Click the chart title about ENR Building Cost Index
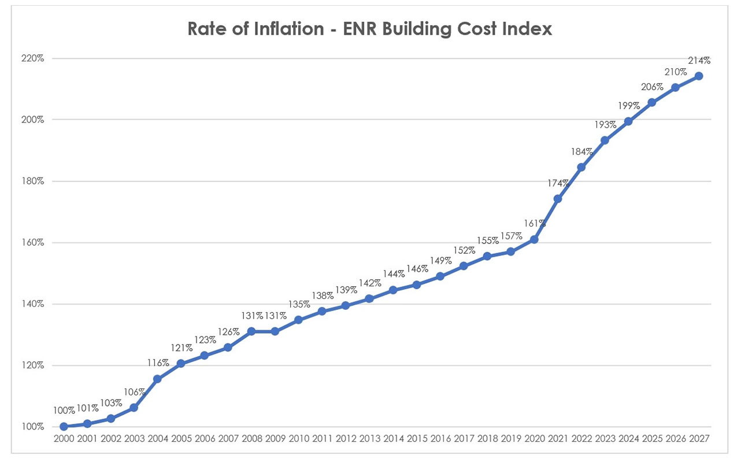tap(370, 29)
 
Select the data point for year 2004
tap(157, 379)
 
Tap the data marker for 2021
tap(558, 199)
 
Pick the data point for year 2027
tap(699, 76)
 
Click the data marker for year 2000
tap(64, 427)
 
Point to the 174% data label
tap(558, 183)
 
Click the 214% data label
tap(699, 60)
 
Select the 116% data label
tap(157, 363)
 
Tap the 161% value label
tap(534, 223)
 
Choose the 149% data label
tap(440, 261)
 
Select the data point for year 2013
tap(369, 299)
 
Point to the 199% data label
tap(628, 106)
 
